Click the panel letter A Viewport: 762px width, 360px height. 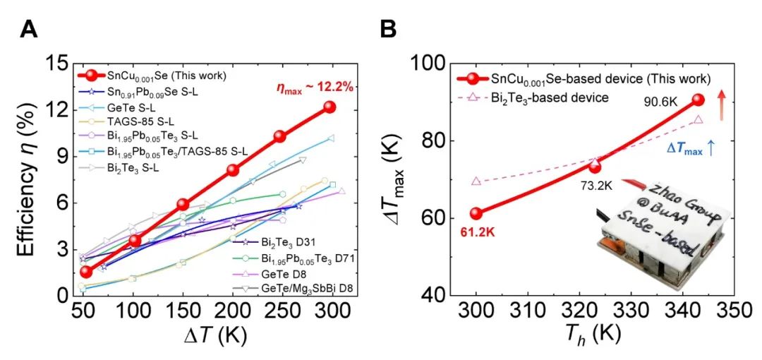pos(30,29)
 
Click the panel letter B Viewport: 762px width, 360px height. pos(389,29)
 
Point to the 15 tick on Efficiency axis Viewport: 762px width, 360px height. pos(55,64)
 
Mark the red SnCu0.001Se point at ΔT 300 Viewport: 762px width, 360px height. pos(329,107)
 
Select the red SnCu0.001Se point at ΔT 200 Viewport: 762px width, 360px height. pos(234,170)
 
